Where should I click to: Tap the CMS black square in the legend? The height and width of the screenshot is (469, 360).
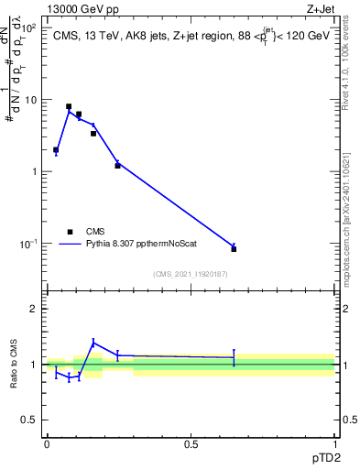coord(71,232)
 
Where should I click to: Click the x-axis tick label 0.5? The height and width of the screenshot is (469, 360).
coord(191,444)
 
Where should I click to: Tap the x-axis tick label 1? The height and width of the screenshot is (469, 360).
coord(335,444)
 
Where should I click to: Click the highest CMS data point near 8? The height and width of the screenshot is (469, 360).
coord(69,106)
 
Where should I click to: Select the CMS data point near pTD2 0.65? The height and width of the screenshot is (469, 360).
coord(234,249)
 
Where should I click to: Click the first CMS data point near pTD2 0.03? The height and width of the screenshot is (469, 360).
coord(56,149)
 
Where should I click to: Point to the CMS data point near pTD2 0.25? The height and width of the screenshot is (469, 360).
coord(117,166)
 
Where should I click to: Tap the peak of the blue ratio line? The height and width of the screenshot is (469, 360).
coord(93,344)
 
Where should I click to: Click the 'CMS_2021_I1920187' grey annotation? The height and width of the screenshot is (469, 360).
coord(191,273)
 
